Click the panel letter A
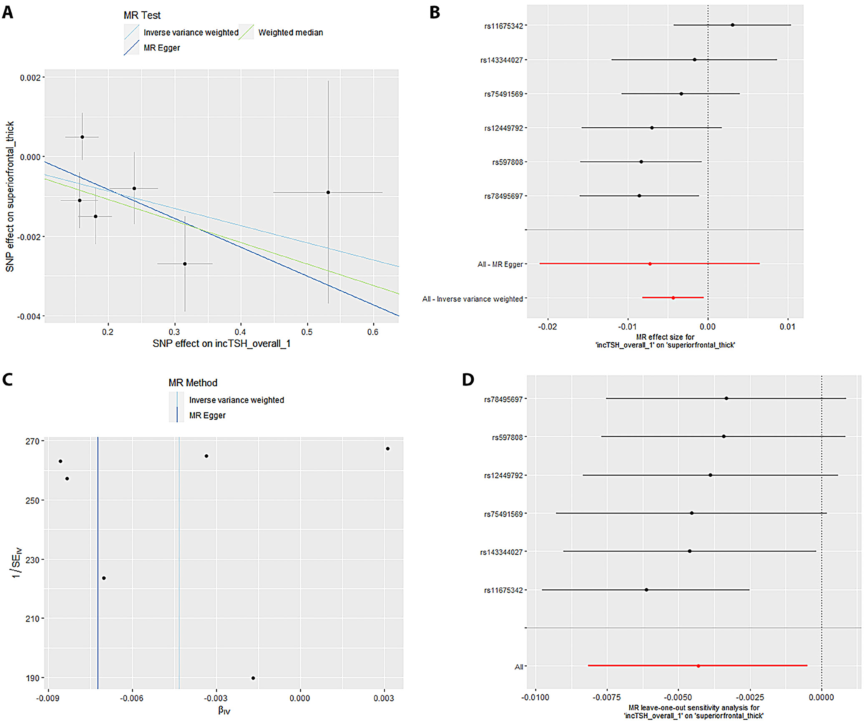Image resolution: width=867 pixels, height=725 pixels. coord(8,13)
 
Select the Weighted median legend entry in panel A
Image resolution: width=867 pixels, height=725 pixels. coord(290,33)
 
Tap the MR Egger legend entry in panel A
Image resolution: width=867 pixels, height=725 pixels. coord(162,48)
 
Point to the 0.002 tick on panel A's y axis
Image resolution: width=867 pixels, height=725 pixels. coord(30,78)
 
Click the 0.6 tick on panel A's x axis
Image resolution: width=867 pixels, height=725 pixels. coord(373,332)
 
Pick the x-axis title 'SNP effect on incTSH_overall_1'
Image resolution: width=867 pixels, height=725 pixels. coord(221,344)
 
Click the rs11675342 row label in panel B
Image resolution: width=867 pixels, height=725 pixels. coord(503,26)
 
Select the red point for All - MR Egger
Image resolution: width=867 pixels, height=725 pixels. coord(650,264)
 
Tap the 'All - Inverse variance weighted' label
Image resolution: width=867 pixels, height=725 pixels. coord(472,299)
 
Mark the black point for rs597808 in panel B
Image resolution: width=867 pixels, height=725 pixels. coord(641,162)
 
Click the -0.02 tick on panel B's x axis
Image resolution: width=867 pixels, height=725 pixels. coord(547,327)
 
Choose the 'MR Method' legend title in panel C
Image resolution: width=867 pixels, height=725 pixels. coord(193,383)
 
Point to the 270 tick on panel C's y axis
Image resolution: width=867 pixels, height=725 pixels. coord(32,441)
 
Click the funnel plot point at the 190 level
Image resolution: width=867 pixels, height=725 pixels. coord(253,678)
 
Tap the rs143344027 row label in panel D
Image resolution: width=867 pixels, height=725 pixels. coord(501,552)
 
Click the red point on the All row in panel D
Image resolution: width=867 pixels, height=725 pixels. coord(699,666)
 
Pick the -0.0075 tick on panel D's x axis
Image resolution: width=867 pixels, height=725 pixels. coord(607,697)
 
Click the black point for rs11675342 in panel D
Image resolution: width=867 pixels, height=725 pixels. coord(646,590)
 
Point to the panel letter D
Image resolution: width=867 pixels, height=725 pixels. coord(468,380)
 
